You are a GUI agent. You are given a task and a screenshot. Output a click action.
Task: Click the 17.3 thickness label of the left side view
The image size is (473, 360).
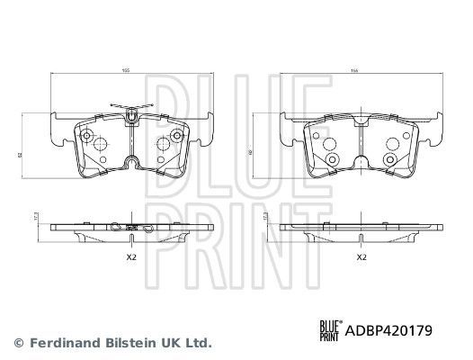tap(33, 217)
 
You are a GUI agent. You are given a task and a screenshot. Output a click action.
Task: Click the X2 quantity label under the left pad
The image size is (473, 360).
tap(131, 257)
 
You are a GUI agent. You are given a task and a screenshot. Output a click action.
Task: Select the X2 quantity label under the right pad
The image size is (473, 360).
tap(361, 257)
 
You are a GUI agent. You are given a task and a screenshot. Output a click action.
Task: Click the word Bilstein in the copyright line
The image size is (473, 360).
tap(128, 342)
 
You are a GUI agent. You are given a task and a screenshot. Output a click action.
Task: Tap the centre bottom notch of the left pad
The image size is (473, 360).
tap(131, 164)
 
